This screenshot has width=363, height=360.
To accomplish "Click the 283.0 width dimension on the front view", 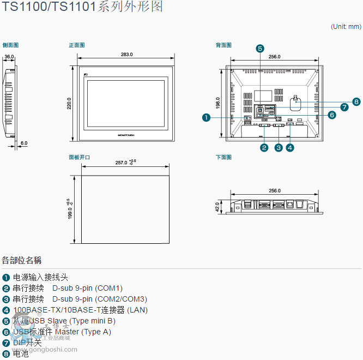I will pyautogui.click(x=126, y=55).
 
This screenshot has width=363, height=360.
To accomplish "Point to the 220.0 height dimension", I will pyautogui.click(x=69, y=104).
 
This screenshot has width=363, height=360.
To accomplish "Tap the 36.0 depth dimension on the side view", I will pyautogui.click(x=9, y=57).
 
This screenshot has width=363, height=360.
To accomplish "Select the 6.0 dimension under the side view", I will pyautogui.click(x=24, y=143).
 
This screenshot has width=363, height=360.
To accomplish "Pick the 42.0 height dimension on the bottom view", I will pyautogui.click(x=217, y=207).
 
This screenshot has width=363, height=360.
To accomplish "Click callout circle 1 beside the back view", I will pyautogui.click(x=206, y=117).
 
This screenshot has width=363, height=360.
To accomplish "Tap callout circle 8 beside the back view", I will pyautogui.click(x=356, y=101).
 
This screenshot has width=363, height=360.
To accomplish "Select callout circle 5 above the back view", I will pyautogui.click(x=260, y=48).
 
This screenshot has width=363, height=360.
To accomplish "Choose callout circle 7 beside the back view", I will pyautogui.click(x=344, y=107).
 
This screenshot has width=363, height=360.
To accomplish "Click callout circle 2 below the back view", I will pyautogui.click(x=264, y=147).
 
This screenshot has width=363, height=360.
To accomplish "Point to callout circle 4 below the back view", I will pyautogui.click(x=290, y=147).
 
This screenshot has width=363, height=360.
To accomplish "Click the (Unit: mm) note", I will pyautogui.click(x=346, y=26).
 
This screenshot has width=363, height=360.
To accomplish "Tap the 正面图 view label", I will pyautogui.click(x=77, y=45).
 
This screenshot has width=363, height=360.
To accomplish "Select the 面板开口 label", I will pyautogui.click(x=80, y=157).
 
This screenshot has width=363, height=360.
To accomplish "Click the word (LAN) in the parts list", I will pyautogui.click(x=137, y=310).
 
